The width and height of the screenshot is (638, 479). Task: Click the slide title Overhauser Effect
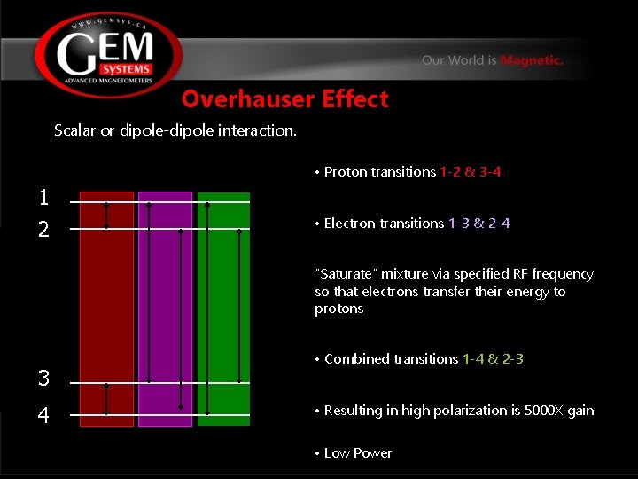coord(284,98)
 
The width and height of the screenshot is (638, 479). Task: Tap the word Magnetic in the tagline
coord(531,60)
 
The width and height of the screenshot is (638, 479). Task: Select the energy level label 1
coord(43,197)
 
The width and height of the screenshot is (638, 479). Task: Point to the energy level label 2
coord(43,230)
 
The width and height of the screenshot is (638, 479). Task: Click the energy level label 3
coord(43,379)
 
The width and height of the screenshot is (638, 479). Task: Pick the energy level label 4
coord(43,415)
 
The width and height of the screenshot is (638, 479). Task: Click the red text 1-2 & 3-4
coord(476,172)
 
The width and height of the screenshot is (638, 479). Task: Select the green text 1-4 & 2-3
coord(493,359)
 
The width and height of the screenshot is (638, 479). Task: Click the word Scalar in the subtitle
coord(74,130)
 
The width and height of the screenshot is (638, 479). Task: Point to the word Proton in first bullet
coord(344,172)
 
